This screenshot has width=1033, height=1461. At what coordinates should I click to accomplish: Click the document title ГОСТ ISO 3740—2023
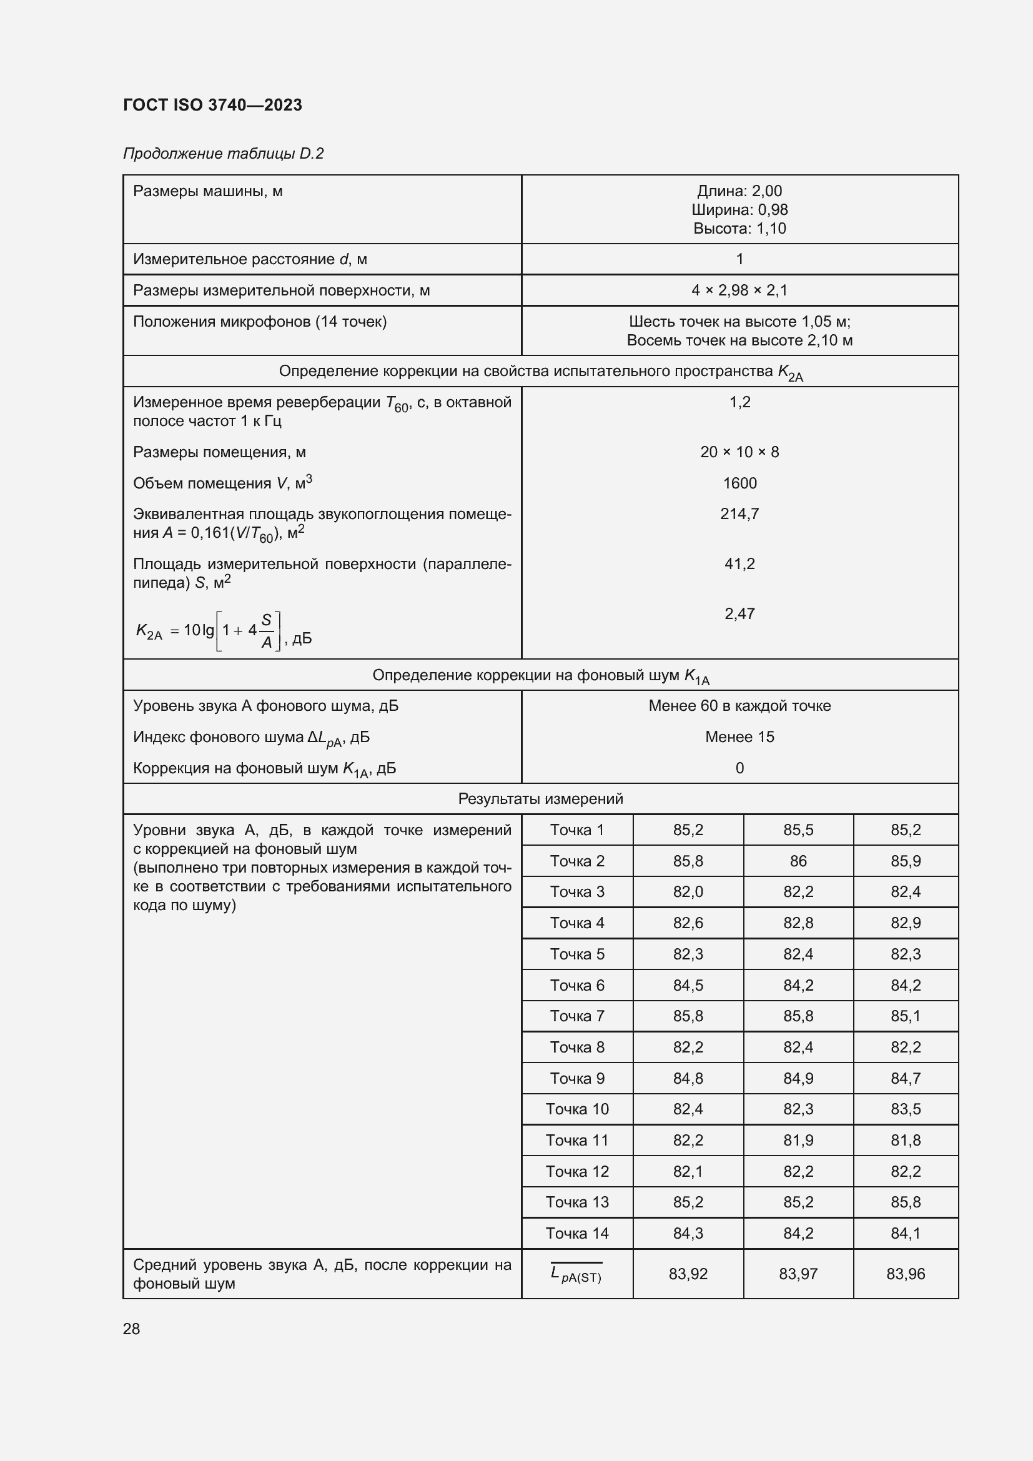click(x=212, y=105)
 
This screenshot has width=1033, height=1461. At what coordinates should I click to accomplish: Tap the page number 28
click(x=131, y=1329)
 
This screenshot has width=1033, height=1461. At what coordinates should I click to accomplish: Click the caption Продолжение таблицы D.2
click(x=223, y=154)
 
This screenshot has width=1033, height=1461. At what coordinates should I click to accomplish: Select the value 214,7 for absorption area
click(x=739, y=513)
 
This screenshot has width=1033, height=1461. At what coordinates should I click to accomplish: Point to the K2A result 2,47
click(x=739, y=613)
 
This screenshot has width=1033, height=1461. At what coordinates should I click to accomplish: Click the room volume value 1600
click(x=739, y=483)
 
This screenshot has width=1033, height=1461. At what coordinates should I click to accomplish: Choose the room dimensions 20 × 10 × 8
click(x=739, y=452)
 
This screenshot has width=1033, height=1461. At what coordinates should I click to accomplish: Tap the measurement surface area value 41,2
click(x=739, y=563)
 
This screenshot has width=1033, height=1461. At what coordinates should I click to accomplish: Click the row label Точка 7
click(x=577, y=1016)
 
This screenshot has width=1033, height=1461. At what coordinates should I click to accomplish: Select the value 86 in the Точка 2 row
click(x=798, y=861)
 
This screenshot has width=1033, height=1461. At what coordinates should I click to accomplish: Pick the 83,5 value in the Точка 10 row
click(x=905, y=1109)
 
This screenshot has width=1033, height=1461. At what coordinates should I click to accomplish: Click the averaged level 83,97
click(x=798, y=1273)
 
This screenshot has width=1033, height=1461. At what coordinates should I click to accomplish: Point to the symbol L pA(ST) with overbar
click(x=576, y=1273)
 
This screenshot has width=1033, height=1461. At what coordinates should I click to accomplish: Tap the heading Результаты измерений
click(x=541, y=799)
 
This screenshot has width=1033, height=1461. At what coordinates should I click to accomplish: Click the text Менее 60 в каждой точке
click(x=739, y=706)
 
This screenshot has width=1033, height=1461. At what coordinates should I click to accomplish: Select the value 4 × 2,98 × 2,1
click(x=739, y=290)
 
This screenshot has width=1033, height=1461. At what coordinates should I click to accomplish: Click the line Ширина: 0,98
click(x=739, y=209)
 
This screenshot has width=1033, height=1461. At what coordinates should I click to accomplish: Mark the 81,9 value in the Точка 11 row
click(x=798, y=1141)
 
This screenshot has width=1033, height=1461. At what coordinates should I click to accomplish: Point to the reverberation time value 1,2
click(x=739, y=402)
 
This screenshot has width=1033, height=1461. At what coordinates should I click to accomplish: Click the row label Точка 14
click(x=577, y=1233)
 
